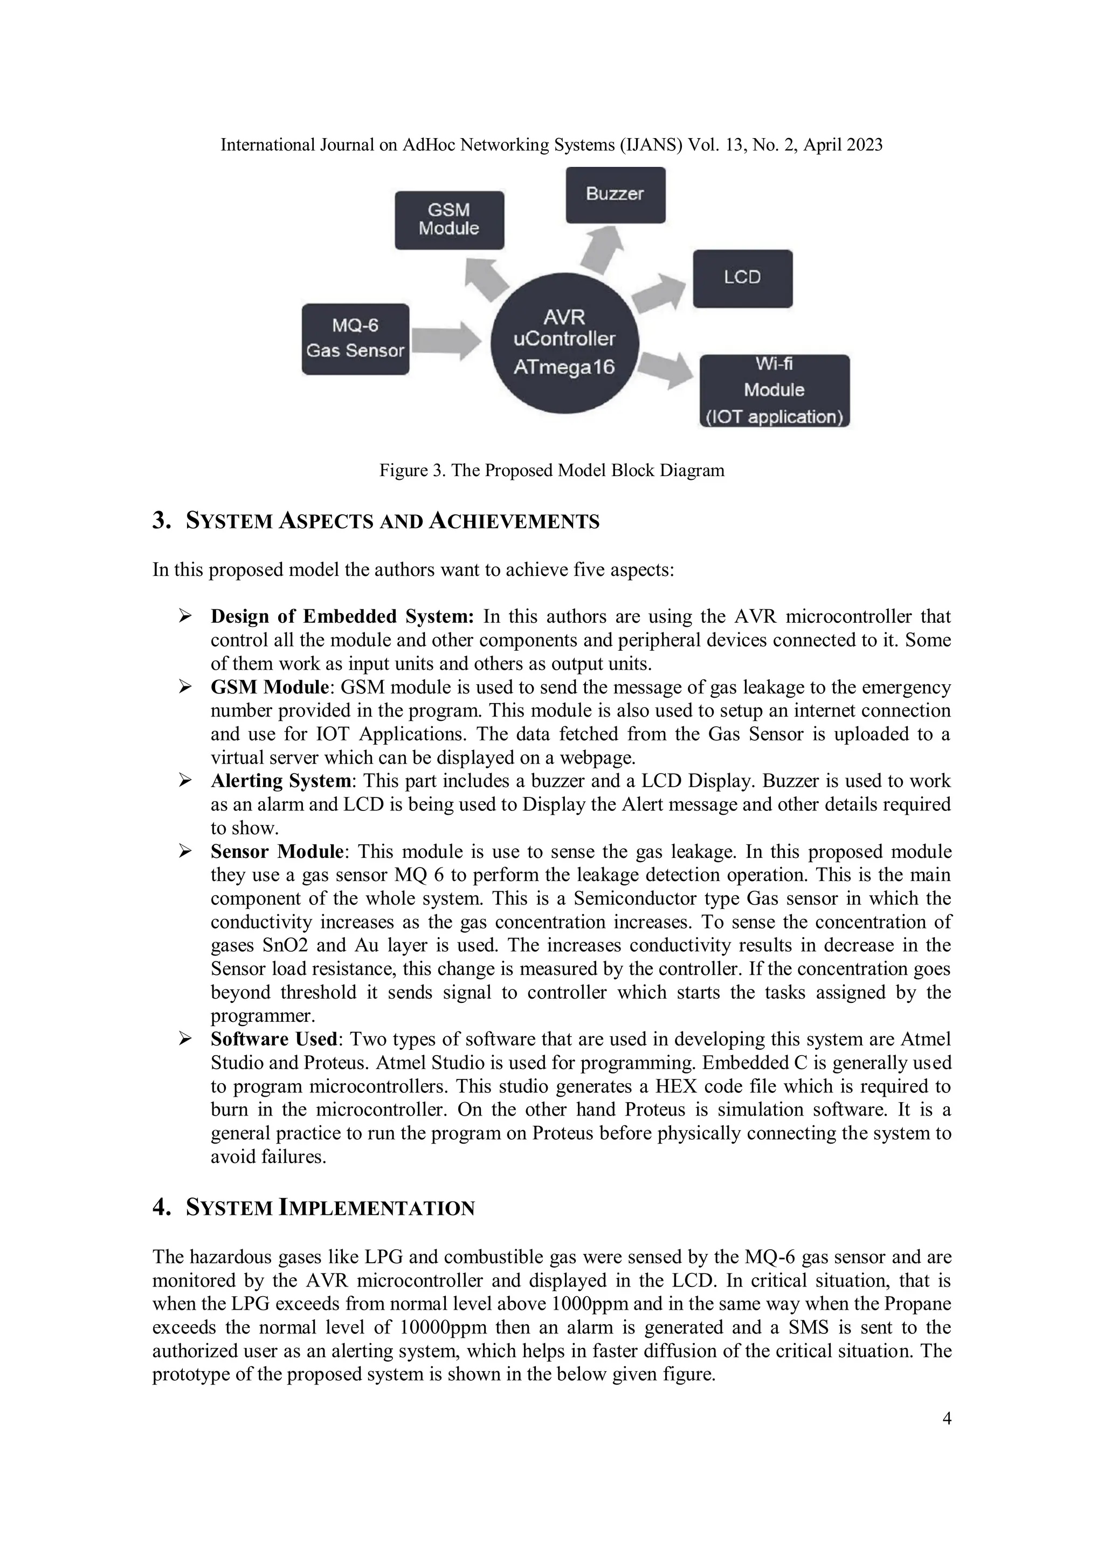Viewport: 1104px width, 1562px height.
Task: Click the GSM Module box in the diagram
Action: coord(449,220)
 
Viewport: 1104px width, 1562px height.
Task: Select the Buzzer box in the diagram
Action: coord(615,195)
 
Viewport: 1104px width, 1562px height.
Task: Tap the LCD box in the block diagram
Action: coord(742,278)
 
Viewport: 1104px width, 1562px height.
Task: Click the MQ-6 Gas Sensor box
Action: coord(355,339)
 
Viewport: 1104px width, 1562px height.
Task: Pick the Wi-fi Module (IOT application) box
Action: coord(774,390)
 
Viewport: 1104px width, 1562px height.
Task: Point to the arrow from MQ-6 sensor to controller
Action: coord(446,340)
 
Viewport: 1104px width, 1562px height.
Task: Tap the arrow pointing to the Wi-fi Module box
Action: coord(667,369)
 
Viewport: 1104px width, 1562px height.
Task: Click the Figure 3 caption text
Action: coord(551,470)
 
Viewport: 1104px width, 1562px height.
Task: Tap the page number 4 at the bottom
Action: coord(946,1419)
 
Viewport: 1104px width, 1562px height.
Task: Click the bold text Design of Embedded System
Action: coord(341,616)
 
